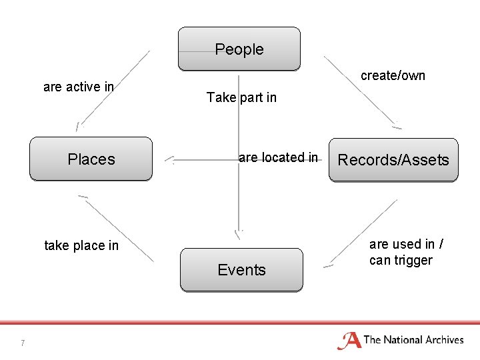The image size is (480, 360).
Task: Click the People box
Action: (239, 49)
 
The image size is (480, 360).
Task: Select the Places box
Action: (91, 159)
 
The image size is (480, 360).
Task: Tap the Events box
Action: (241, 270)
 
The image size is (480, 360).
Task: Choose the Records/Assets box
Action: (393, 160)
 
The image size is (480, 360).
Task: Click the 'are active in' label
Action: (78, 87)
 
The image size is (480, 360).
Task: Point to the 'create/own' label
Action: (393, 75)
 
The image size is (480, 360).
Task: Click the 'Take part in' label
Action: (241, 97)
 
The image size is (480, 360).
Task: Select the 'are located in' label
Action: (278, 157)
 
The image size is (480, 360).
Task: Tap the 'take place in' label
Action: (81, 245)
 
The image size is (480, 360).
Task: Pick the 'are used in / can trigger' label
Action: (401, 252)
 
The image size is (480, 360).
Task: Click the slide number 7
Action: (23, 343)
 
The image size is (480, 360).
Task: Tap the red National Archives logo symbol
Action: (349, 341)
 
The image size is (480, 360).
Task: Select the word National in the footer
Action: (401, 340)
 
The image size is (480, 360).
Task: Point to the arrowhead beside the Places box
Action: (169, 160)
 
